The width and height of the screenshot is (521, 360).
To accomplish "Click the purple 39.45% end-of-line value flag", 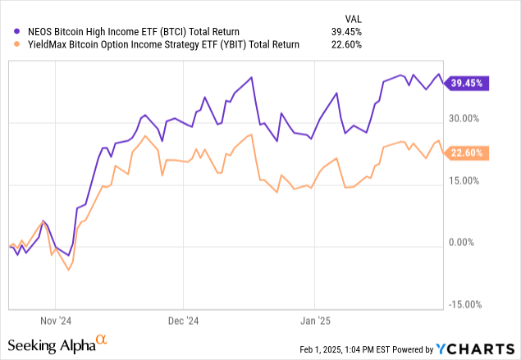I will [x=467, y=82].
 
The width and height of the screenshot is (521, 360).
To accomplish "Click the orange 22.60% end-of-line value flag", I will [x=467, y=153].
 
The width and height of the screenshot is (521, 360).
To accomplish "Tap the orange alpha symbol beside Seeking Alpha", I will [x=101, y=339].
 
